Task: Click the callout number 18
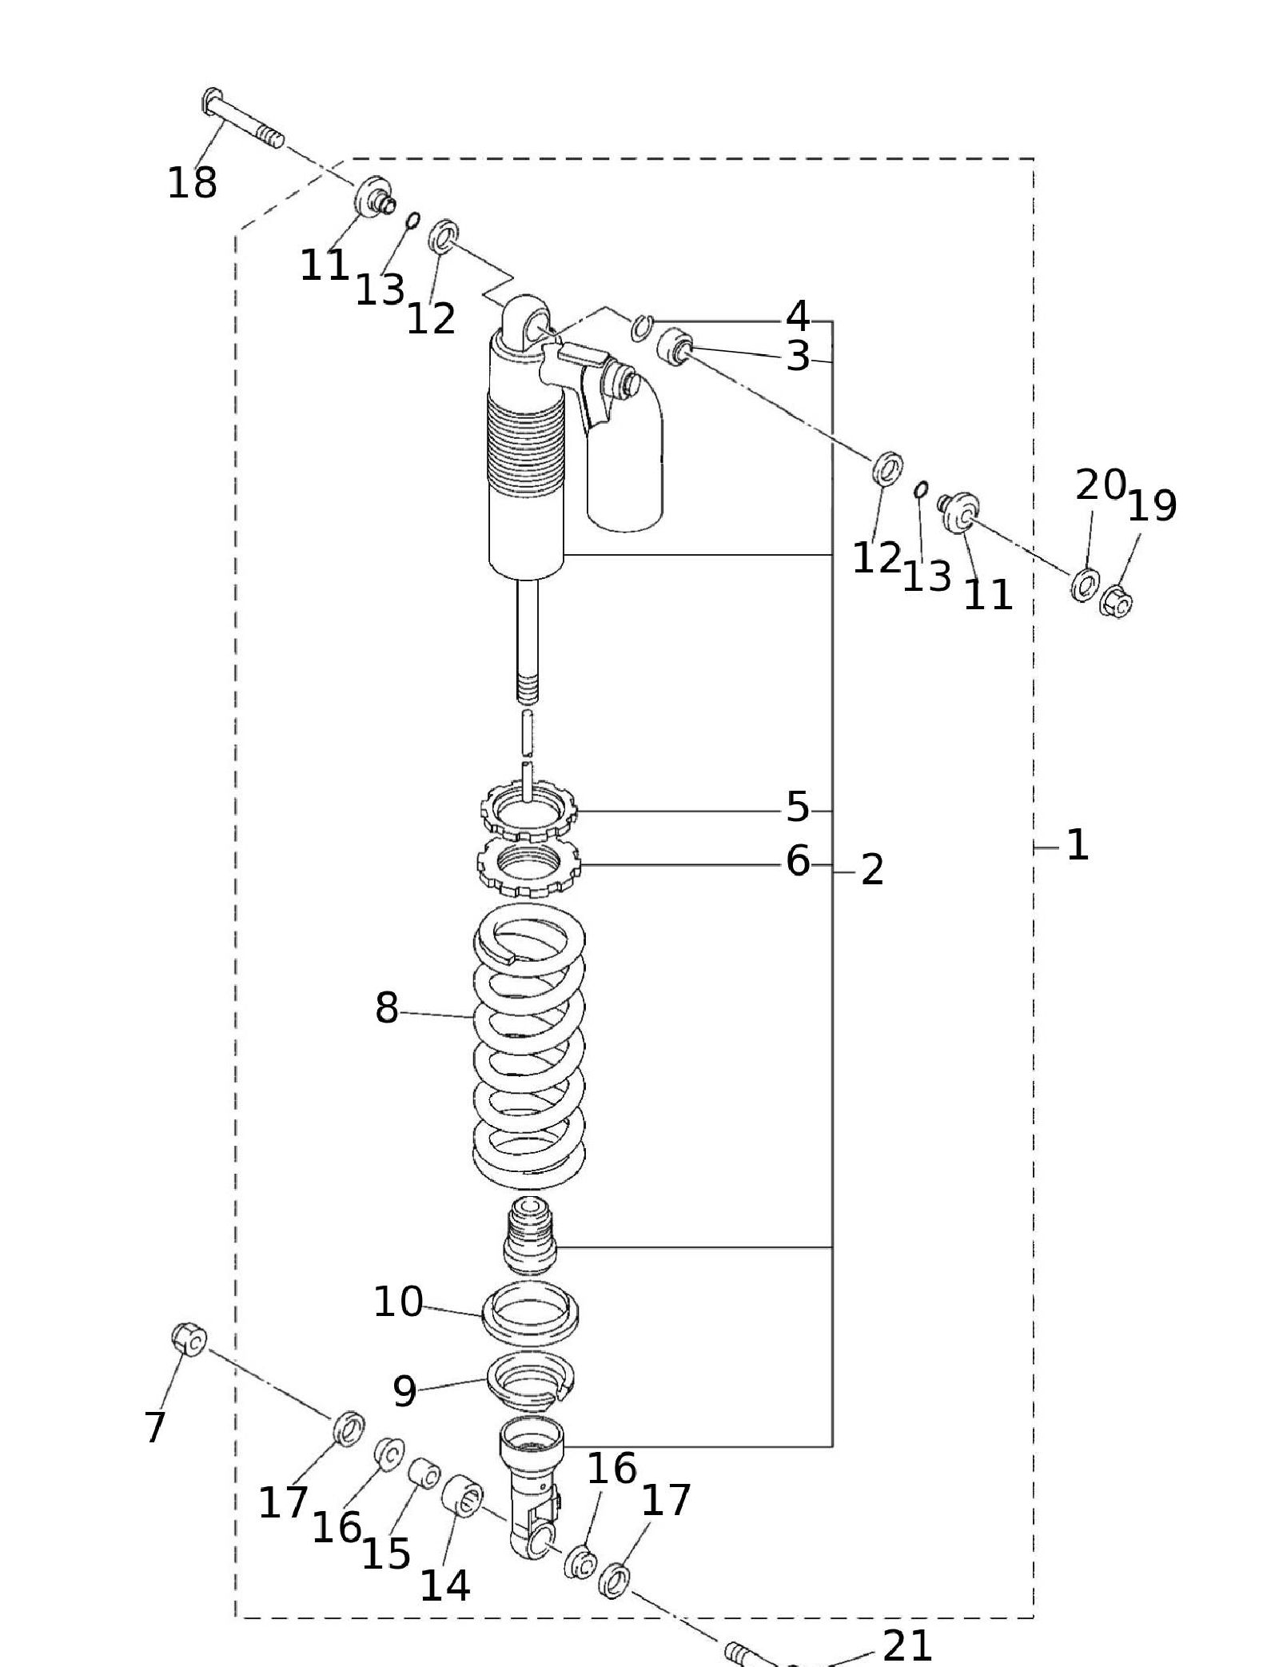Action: click(192, 183)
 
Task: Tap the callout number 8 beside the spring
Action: click(386, 1008)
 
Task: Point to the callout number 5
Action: click(798, 808)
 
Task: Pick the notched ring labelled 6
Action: click(529, 867)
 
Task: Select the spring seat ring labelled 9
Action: click(531, 1382)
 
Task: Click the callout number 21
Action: click(907, 1646)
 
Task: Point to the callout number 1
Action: click(1078, 845)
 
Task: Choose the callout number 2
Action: click(872, 870)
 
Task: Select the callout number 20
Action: click(1101, 485)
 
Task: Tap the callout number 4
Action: click(797, 316)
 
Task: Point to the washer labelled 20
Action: click(1084, 584)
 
